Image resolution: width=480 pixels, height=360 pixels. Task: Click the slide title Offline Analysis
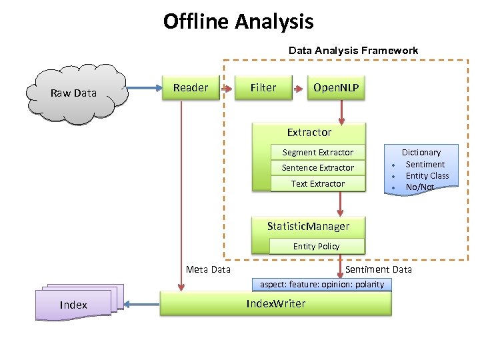(238, 22)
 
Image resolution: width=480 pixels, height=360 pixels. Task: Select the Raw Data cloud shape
(74, 93)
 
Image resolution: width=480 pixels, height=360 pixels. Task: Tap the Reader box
(191, 88)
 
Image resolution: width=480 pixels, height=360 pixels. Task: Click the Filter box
(263, 88)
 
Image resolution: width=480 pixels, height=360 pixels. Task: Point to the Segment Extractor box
(317, 153)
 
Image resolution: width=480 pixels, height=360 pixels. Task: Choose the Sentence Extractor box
(317, 168)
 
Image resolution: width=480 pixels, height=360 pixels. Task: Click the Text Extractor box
(317, 184)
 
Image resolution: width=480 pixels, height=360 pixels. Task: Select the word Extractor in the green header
(309, 132)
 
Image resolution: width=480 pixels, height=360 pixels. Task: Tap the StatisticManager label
(308, 226)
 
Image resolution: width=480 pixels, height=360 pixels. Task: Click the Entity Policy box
(316, 247)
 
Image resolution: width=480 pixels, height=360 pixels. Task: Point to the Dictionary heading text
(421, 153)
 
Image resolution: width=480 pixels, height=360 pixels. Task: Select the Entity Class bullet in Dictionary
(427, 176)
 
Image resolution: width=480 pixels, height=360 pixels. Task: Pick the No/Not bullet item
(419, 187)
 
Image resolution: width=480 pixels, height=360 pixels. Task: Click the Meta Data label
(208, 269)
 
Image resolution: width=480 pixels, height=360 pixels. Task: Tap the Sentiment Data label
(378, 269)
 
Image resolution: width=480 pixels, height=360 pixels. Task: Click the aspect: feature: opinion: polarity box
(322, 285)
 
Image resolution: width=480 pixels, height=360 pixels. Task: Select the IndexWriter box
(275, 304)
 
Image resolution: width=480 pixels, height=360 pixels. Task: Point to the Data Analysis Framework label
(353, 51)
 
